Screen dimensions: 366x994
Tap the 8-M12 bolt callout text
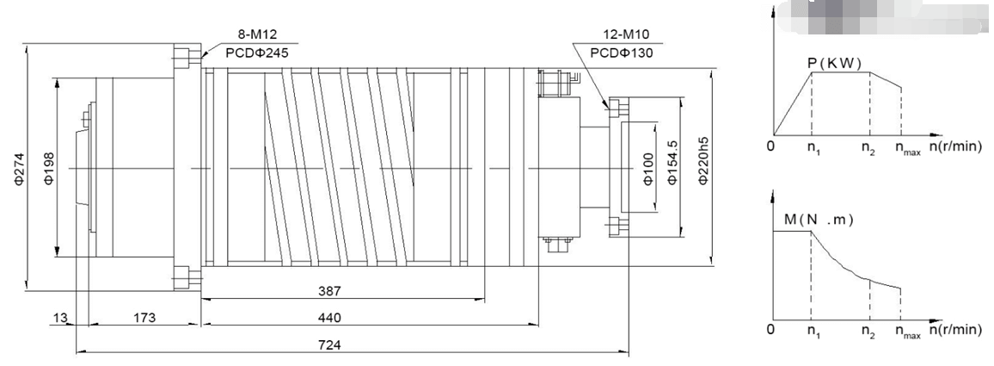(258, 37)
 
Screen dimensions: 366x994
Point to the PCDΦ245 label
(258, 53)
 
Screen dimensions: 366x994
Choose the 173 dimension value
(144, 318)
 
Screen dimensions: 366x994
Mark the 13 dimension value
(58, 318)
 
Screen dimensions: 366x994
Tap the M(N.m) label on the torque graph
(819, 220)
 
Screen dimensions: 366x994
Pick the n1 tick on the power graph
(812, 147)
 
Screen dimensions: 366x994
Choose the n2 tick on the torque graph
(871, 330)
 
